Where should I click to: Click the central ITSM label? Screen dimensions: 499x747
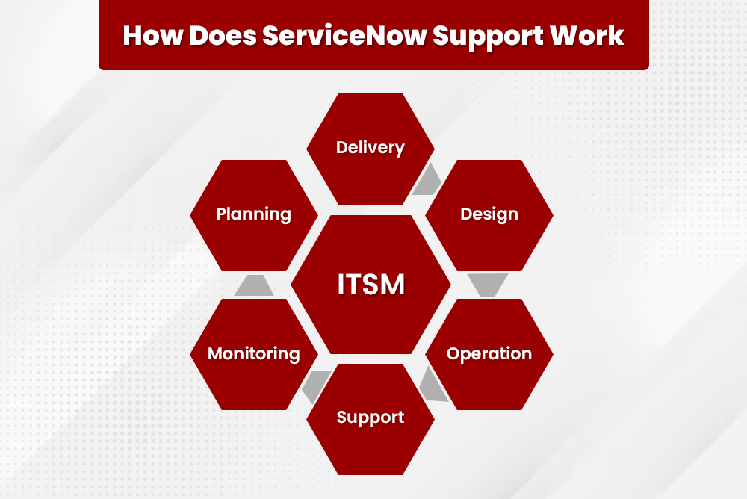(371, 285)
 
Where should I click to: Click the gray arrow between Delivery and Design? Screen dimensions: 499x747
(427, 180)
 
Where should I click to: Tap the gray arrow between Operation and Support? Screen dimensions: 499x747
(432, 385)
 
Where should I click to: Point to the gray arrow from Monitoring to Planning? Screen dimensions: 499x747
(253, 285)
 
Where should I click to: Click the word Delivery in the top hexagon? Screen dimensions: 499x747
(371, 148)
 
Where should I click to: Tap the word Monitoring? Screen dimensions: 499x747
(254, 354)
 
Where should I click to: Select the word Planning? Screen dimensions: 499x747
(254, 214)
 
